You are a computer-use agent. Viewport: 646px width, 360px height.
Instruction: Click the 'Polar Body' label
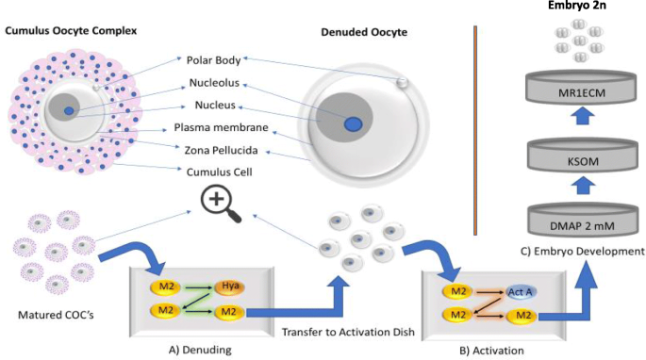[215, 59]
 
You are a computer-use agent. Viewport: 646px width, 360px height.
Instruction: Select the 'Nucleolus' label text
[213, 82]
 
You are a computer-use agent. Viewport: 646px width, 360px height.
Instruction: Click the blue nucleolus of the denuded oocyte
[353, 124]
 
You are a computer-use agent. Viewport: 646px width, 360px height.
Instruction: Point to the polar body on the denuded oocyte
[403, 83]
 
